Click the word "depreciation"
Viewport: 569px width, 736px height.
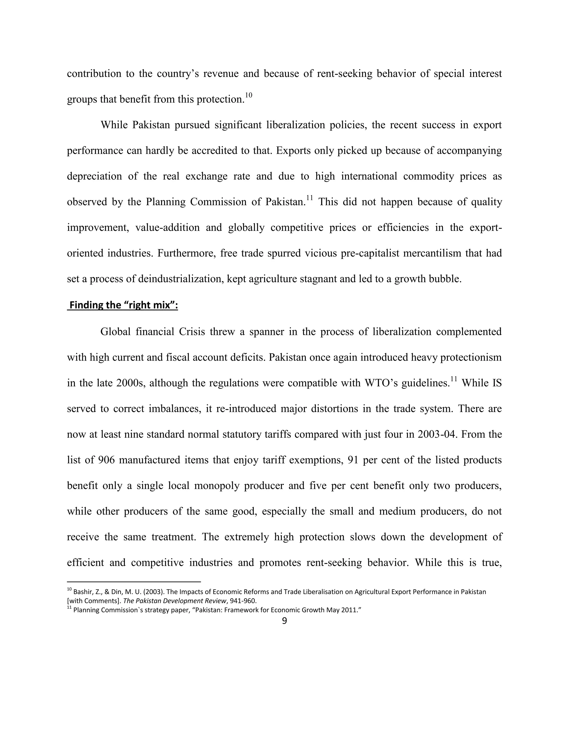click(x=94, y=176)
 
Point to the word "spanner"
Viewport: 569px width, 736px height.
click(x=266, y=332)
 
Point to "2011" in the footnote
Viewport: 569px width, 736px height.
click(x=349, y=610)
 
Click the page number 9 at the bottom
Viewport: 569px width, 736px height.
click(x=284, y=621)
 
